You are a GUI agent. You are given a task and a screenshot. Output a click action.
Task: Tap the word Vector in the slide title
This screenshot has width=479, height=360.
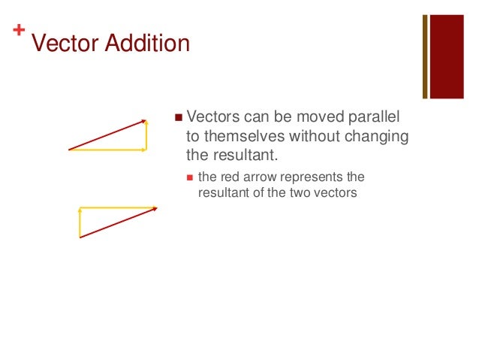[64, 44]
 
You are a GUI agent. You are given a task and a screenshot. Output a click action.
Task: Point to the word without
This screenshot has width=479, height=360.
[321, 137]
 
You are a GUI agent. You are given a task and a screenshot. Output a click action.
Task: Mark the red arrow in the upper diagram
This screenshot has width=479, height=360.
[107, 135]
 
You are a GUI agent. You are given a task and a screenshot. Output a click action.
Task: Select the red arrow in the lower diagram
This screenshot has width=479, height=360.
[118, 222]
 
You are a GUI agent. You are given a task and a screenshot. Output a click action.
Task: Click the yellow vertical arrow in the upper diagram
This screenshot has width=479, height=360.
[147, 135]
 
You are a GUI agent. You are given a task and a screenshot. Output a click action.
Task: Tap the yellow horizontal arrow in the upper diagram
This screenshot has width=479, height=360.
[107, 150]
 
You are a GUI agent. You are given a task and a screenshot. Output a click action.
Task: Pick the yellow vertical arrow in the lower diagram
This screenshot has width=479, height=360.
[80, 222]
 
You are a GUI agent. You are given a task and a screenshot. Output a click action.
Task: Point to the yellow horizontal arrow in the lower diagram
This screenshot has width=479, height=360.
[118, 207]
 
